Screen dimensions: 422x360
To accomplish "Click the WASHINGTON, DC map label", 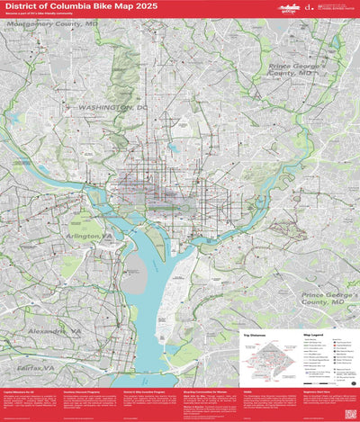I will (112, 107).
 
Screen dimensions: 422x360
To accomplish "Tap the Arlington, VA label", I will (88, 236).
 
